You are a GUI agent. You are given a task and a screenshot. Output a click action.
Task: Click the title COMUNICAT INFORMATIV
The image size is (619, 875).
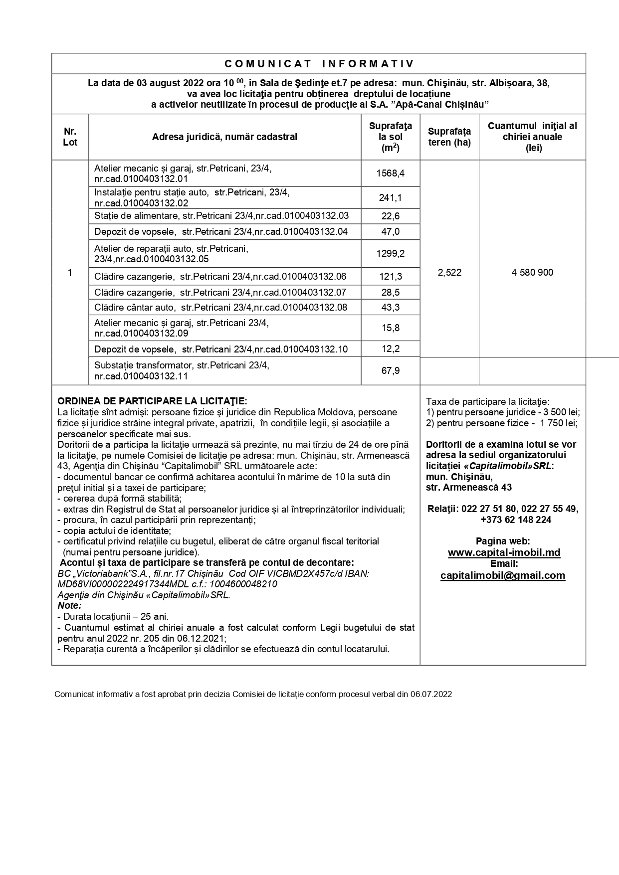[x=319, y=64]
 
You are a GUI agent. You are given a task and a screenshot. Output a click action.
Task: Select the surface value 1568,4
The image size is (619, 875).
[x=391, y=174]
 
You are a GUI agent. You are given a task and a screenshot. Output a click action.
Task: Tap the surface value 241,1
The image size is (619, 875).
[x=391, y=198]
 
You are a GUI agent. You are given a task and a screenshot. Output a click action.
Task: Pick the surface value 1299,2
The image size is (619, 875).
[x=391, y=254]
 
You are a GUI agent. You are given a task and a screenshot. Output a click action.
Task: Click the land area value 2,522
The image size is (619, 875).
[x=449, y=273]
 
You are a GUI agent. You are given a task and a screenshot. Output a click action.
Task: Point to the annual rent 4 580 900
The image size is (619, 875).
[x=532, y=273]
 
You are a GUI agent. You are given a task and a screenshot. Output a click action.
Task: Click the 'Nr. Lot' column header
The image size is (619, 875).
[x=70, y=137]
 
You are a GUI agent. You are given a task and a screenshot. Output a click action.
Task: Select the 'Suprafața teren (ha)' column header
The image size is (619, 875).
[x=449, y=137]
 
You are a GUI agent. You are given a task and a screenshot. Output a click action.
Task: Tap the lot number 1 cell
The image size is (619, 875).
[x=70, y=273]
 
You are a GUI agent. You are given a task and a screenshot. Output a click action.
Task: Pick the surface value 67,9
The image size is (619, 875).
[x=391, y=371]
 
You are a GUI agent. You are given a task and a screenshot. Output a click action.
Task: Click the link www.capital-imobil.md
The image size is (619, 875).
[x=504, y=552]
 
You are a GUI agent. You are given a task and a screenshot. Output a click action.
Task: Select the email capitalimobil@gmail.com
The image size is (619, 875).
[x=503, y=575]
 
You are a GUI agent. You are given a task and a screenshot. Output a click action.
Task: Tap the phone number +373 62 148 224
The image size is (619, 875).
[x=516, y=520]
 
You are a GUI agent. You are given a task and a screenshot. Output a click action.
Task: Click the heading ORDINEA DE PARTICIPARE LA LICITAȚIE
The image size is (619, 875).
[x=152, y=401]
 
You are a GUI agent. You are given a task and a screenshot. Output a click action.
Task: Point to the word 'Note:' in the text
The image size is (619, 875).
[x=69, y=605]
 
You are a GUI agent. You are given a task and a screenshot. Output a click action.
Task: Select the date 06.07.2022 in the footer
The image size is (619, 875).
[x=431, y=694]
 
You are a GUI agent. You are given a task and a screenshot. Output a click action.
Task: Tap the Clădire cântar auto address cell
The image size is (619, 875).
[x=220, y=307]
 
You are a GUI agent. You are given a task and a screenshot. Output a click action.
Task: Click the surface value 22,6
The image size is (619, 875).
[x=391, y=216]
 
